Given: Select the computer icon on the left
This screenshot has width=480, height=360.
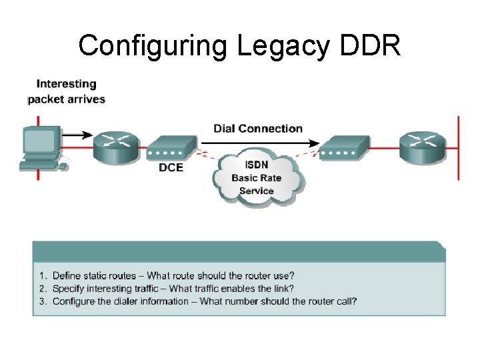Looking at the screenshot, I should point(41,147).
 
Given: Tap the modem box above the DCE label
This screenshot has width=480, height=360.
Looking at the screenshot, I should point(171,147).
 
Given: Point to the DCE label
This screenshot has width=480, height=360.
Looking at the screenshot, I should point(171,167).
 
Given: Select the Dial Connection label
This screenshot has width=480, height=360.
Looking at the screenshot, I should point(257,128).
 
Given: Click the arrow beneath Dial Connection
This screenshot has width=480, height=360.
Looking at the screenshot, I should point(267,141).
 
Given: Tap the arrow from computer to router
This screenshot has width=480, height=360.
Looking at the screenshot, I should point(77,135).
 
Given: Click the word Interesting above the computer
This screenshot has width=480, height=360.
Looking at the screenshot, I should point(66,84).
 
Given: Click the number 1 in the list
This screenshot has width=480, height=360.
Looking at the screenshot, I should point(42,275).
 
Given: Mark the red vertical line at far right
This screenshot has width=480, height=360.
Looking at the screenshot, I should point(458,147).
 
